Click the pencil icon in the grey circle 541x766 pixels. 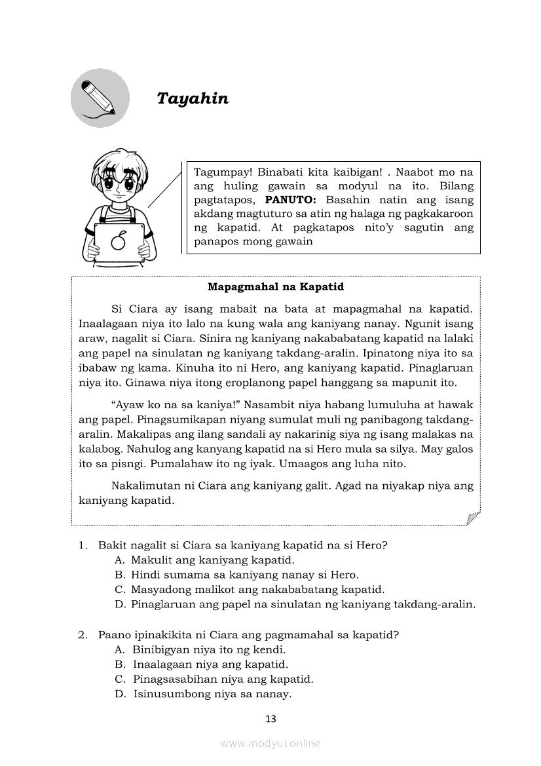[100, 98]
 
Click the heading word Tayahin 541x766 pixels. [193, 99]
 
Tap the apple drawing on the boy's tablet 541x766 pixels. [118, 241]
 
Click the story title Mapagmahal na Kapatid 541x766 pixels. [275, 287]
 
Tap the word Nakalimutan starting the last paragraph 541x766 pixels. [145, 486]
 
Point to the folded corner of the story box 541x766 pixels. [473, 518]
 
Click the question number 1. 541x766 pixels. [83, 545]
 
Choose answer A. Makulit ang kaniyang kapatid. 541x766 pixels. [204, 560]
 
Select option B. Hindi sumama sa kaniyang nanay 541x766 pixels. [236, 575]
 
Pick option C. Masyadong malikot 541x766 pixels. [249, 590]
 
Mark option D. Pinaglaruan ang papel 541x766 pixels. [295, 604]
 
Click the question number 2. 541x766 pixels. [83, 635]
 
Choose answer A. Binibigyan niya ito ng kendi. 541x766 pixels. [200, 650]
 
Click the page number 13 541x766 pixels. [270, 719]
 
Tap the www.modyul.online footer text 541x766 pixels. [270, 744]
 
